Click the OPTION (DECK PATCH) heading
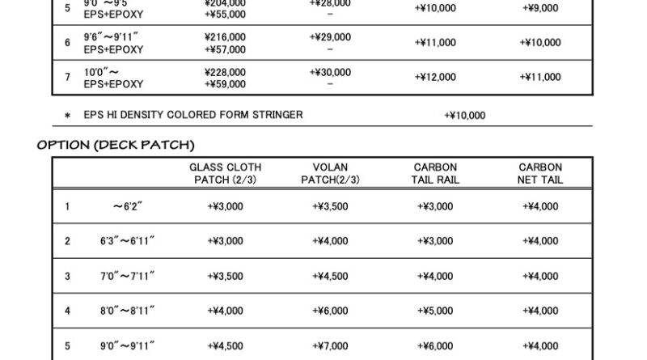[x=116, y=145]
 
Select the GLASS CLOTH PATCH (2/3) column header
[x=226, y=173]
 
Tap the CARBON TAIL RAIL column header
[x=435, y=173]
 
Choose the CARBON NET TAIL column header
[x=540, y=173]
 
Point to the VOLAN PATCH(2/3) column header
[x=330, y=173]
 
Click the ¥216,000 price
[x=226, y=37]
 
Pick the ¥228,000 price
[x=226, y=72]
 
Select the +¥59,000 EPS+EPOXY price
[x=226, y=83]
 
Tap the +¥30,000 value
[x=330, y=72]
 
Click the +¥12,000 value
[x=435, y=77]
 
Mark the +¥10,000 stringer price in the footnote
[x=465, y=116]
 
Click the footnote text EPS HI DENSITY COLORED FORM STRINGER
[x=193, y=115]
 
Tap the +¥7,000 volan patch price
[x=330, y=345]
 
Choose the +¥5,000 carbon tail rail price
[x=435, y=311]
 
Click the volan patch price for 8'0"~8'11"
[x=330, y=311]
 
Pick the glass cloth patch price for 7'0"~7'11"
[x=226, y=276]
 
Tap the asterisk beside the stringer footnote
[x=67, y=116]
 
